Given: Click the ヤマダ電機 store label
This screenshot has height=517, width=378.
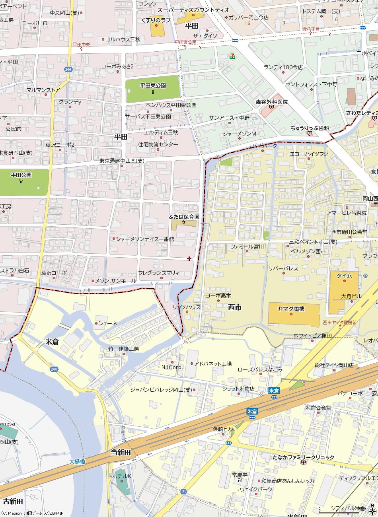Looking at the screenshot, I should [x=291, y=309].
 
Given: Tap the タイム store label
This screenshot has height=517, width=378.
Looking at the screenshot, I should [x=344, y=275].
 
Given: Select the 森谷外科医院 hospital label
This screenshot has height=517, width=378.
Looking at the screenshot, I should [x=271, y=102].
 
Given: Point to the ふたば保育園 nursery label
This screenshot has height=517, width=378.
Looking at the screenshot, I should [x=183, y=217].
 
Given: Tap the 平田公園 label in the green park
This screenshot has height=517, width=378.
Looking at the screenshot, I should [x=21, y=175].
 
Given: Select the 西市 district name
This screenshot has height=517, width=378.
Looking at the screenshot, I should [x=235, y=307].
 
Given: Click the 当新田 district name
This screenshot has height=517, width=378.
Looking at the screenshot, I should [x=121, y=453].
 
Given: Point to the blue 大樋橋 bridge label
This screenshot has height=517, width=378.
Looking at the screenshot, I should [x=77, y=462].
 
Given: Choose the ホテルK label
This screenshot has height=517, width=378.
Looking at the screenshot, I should [x=122, y=476].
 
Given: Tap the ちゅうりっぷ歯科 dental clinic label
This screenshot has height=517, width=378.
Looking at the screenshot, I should [x=310, y=128].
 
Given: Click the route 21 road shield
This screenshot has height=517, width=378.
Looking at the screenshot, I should [x=183, y=492].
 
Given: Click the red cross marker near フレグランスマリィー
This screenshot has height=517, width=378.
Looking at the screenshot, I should [x=189, y=258].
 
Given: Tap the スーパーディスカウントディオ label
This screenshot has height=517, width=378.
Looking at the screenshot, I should [x=193, y=10].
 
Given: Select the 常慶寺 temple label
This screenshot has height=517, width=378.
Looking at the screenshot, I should [x=240, y=475].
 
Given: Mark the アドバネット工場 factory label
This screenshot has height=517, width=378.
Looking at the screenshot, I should [x=212, y=363].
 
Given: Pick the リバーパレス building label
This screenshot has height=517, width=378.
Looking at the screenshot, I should [x=283, y=268].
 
